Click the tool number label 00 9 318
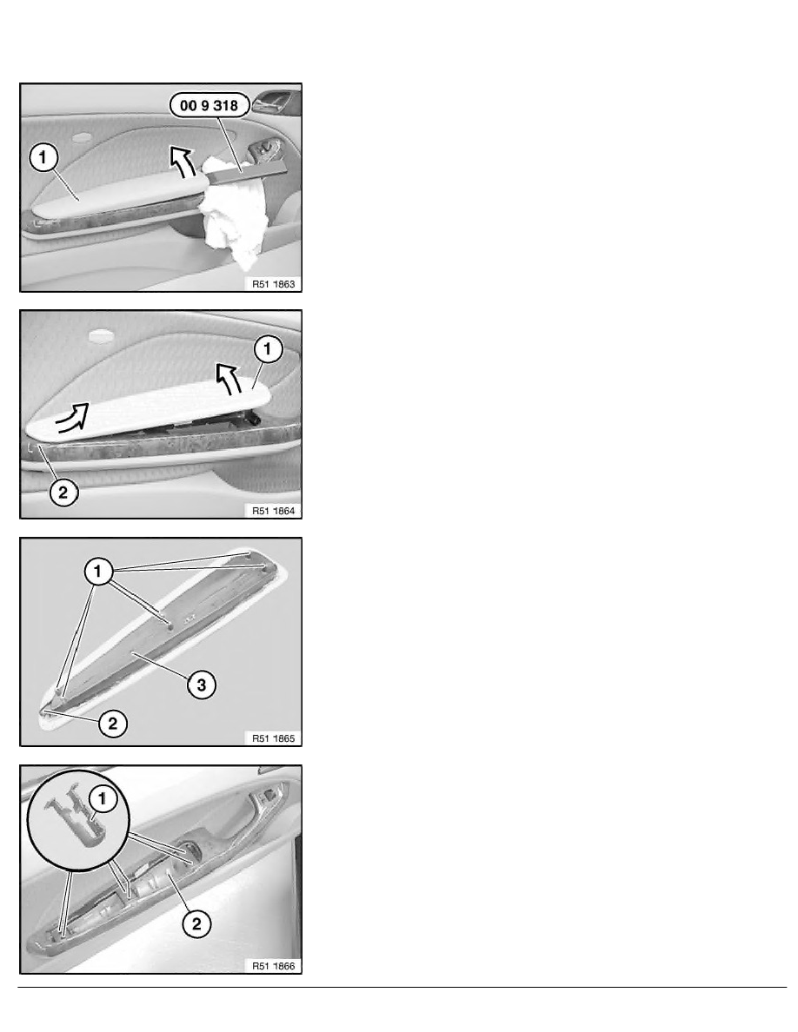209,105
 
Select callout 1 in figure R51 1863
43,157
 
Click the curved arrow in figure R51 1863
182,162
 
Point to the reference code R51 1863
273,284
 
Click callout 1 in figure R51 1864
268,349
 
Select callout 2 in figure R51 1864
63,492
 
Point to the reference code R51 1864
273,511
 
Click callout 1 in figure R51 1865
98,572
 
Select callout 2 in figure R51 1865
113,724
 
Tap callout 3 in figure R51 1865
202,685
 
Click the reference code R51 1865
273,738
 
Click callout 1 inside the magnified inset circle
102,799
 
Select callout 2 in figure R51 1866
196,923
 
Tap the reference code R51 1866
273,966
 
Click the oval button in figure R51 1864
102,335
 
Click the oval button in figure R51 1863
83,138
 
